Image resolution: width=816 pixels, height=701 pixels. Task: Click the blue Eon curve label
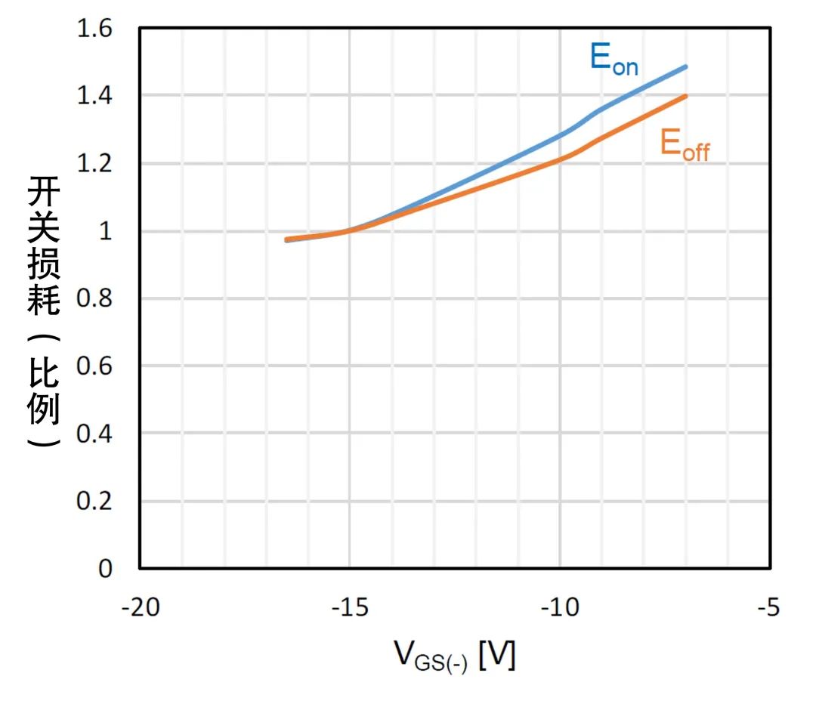click(x=614, y=60)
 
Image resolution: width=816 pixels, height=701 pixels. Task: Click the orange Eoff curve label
click(x=685, y=145)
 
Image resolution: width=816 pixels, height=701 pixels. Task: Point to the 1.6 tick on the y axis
click(x=95, y=29)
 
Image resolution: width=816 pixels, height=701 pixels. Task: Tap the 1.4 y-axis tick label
click(x=95, y=97)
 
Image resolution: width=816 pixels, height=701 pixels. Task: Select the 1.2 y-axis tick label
click(x=95, y=164)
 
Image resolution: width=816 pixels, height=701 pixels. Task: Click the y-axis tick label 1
click(x=106, y=232)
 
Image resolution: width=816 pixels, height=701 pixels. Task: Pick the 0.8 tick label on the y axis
click(x=95, y=299)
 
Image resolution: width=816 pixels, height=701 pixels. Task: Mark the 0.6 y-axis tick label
click(x=95, y=366)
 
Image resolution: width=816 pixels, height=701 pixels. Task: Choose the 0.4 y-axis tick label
click(x=95, y=434)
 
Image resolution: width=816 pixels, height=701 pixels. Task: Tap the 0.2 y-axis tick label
click(x=95, y=502)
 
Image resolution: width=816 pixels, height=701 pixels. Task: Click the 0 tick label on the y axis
click(x=106, y=569)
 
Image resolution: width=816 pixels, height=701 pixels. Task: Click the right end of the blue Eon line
click(x=686, y=66)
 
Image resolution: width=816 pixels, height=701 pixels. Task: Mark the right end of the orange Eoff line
click(x=686, y=96)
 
